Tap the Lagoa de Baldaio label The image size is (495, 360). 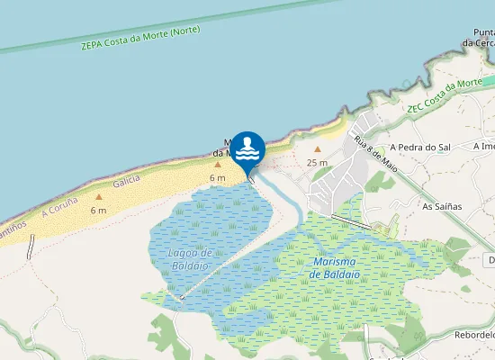[x=190, y=259]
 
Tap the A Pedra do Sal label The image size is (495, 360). [x=419, y=147]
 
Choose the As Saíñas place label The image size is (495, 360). [x=442, y=206]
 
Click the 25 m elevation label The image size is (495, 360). [x=317, y=163]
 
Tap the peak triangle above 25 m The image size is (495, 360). [x=317, y=149]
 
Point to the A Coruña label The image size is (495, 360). [x=60, y=208]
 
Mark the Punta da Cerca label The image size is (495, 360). [x=479, y=37]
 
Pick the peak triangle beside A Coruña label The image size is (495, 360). [x=99, y=196]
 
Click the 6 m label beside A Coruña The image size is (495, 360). [x=99, y=211]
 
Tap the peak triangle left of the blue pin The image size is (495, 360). [x=218, y=164]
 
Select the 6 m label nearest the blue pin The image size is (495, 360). [x=218, y=178]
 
